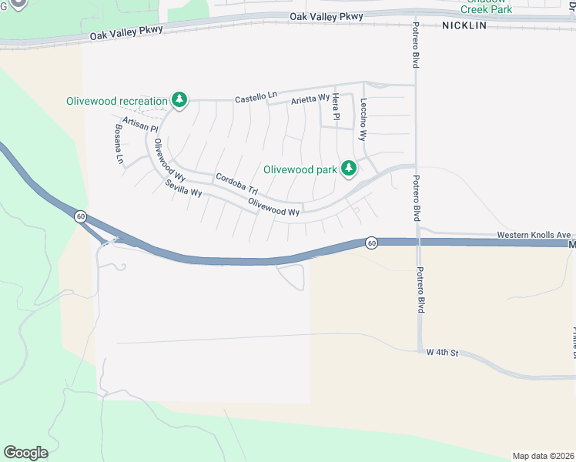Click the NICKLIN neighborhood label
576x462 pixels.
pos(464,25)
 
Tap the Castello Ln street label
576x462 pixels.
pos(256,98)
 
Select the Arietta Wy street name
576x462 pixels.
pos(310,100)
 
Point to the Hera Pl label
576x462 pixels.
pos(336,107)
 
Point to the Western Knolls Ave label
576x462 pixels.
pos(533,235)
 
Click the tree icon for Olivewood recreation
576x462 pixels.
pos(179,100)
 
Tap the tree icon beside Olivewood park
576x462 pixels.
pos(349,169)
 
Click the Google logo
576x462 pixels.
pos(25,453)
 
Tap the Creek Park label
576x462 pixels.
pos(486,9)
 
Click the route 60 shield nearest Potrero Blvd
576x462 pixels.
pos(371,243)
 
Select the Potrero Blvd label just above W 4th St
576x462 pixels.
pos(420,290)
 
